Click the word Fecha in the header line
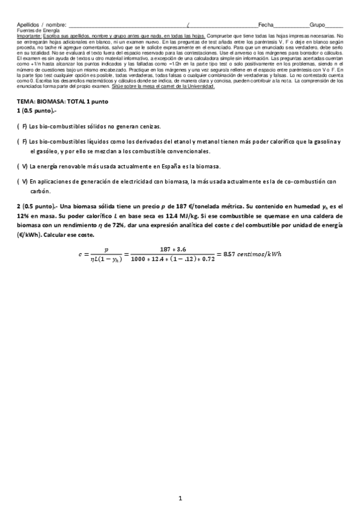pyautogui.click(x=265, y=25)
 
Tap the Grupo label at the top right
pyautogui.click(x=317, y=25)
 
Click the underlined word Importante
pyautogui.click(x=29, y=35)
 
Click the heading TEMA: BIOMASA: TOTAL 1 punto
pyautogui.click(x=63, y=102)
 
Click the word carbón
pyautogui.click(x=38, y=191)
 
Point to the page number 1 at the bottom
pyautogui.click(x=180, y=498)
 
